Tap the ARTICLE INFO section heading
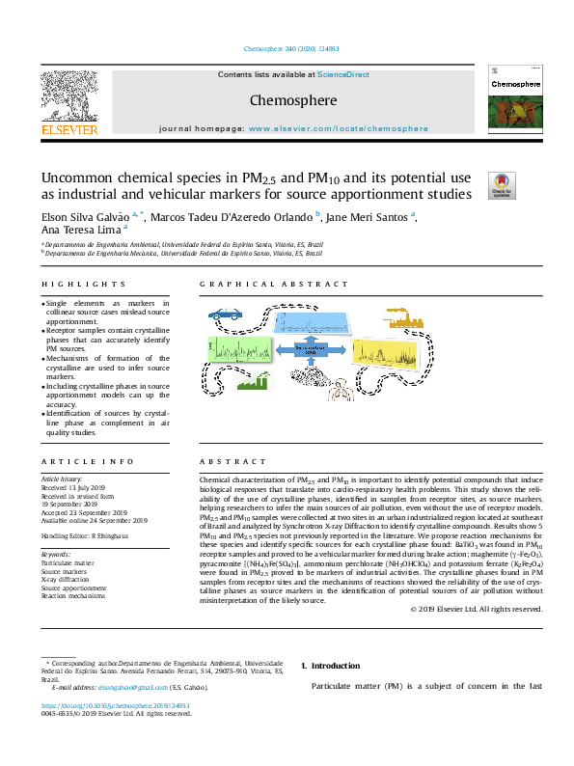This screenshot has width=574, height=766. (x=84, y=463)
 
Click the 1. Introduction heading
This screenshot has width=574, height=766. (x=330, y=666)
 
